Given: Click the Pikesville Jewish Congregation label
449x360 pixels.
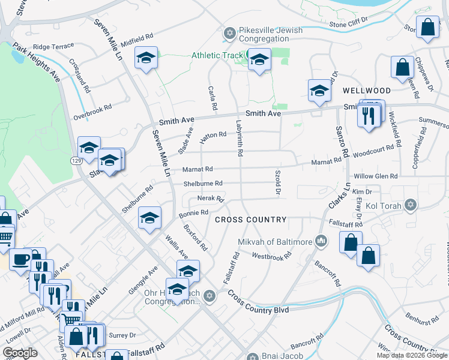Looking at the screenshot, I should (271, 35).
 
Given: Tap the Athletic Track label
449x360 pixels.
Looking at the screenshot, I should (216, 55).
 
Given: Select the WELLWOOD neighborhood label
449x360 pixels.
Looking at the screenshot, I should (366, 91).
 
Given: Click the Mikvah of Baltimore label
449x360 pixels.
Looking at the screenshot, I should (274, 242).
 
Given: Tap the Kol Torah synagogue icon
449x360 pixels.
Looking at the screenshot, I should (411, 205).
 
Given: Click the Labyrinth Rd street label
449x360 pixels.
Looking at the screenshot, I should (239, 138).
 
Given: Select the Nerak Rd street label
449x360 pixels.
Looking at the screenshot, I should (210, 199).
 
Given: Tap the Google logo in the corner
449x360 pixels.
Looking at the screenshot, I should (20, 353).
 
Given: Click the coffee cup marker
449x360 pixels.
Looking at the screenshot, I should (21, 260).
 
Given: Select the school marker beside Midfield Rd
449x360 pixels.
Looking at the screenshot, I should (145, 59).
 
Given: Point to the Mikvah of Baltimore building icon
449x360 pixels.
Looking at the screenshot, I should (321, 241).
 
